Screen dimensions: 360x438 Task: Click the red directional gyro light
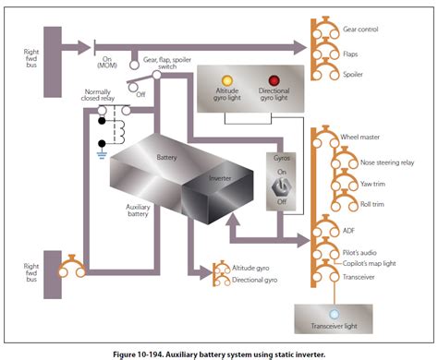tap(274, 80)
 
